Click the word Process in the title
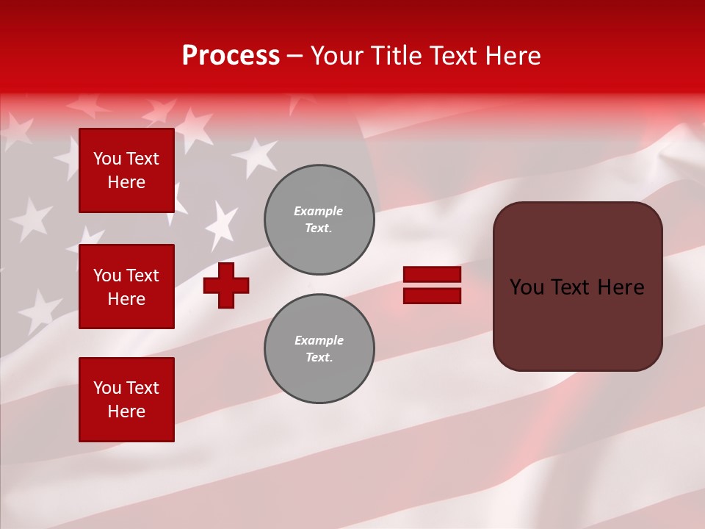[231, 56]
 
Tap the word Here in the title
[513, 56]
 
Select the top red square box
[126, 170]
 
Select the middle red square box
[126, 287]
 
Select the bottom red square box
[126, 400]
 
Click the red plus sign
[226, 285]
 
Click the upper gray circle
[319, 220]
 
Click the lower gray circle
[319, 349]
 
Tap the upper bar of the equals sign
[432, 274]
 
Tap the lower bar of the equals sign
[432, 296]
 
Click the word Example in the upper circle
[319, 211]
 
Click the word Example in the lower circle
[319, 340]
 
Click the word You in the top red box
[107, 159]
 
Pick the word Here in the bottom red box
[126, 411]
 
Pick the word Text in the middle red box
[142, 276]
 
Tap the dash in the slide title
[294, 56]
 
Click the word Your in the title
[338, 56]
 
